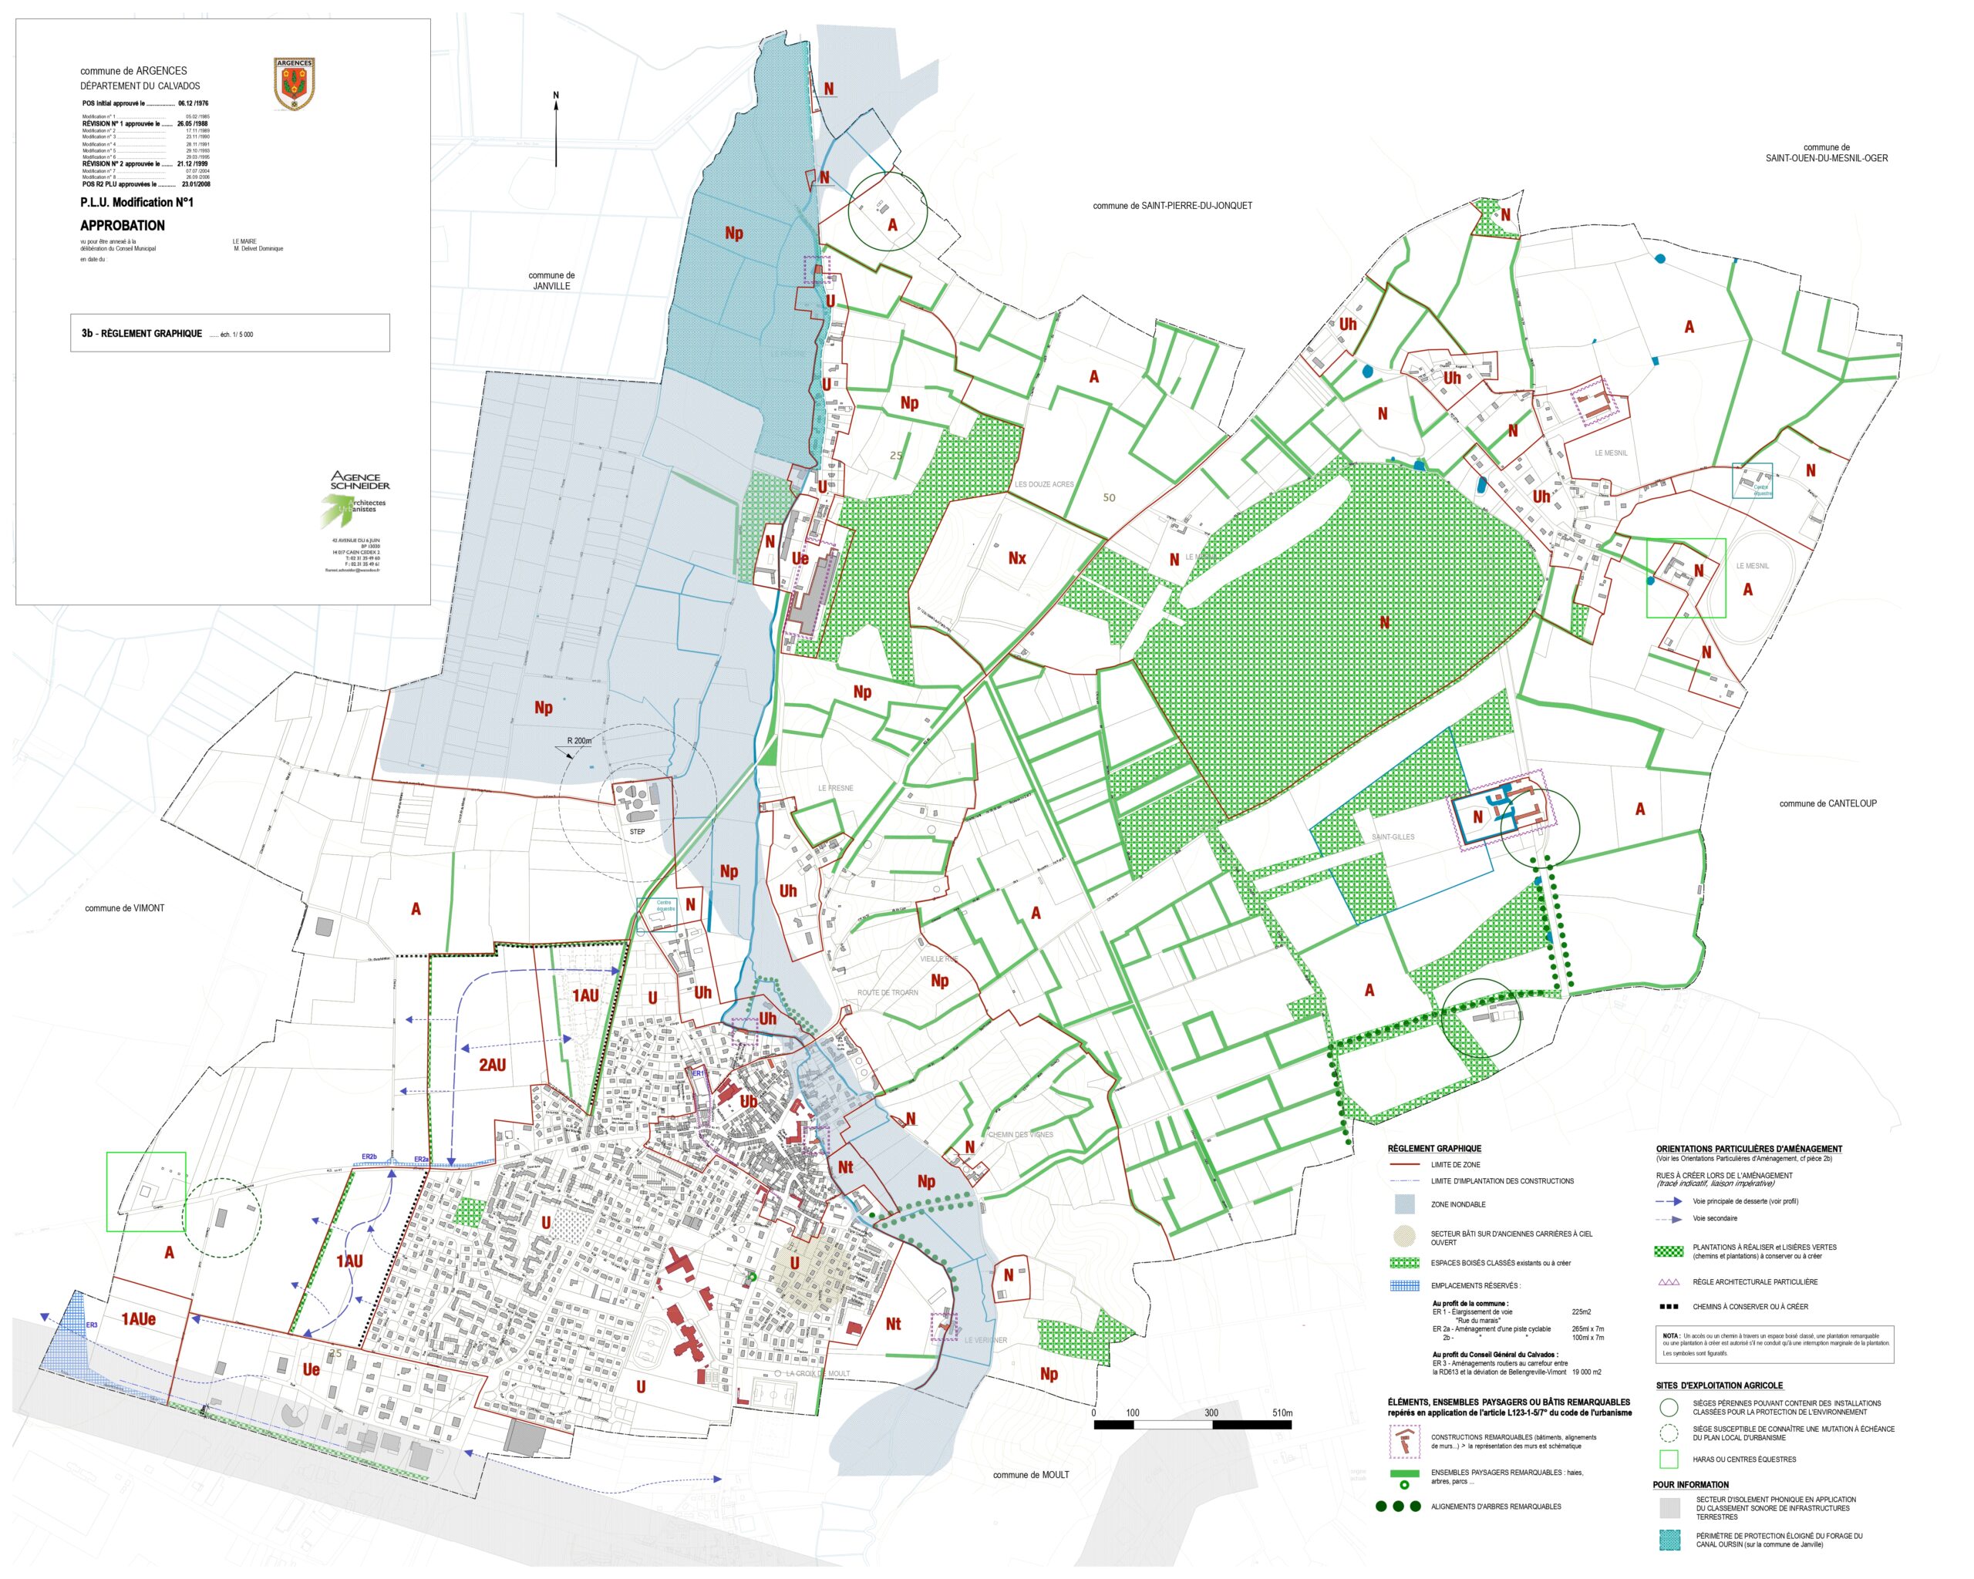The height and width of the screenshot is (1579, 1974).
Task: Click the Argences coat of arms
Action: (294, 83)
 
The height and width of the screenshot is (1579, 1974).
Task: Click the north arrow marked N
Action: (556, 128)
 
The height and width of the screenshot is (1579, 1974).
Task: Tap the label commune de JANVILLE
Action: (551, 281)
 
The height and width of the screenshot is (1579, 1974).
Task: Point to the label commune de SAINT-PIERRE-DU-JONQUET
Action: (1172, 206)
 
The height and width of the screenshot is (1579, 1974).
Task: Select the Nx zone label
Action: (1016, 558)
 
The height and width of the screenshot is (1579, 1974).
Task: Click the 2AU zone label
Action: (492, 1066)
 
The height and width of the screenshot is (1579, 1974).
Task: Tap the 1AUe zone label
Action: (138, 1320)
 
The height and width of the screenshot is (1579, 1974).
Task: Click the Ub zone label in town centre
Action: (748, 1102)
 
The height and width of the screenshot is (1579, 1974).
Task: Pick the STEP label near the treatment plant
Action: (637, 832)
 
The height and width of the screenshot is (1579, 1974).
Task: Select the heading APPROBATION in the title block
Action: (123, 225)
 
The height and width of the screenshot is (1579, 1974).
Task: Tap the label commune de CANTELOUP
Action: (1827, 803)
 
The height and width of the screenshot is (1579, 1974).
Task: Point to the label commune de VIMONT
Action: (124, 908)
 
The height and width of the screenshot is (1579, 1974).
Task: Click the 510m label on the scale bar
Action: (1282, 1413)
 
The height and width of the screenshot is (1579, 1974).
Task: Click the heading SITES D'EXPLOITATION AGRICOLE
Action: (1719, 1385)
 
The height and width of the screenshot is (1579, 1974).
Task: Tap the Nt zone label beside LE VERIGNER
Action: (893, 1325)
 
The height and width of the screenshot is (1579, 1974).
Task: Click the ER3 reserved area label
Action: (92, 1325)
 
